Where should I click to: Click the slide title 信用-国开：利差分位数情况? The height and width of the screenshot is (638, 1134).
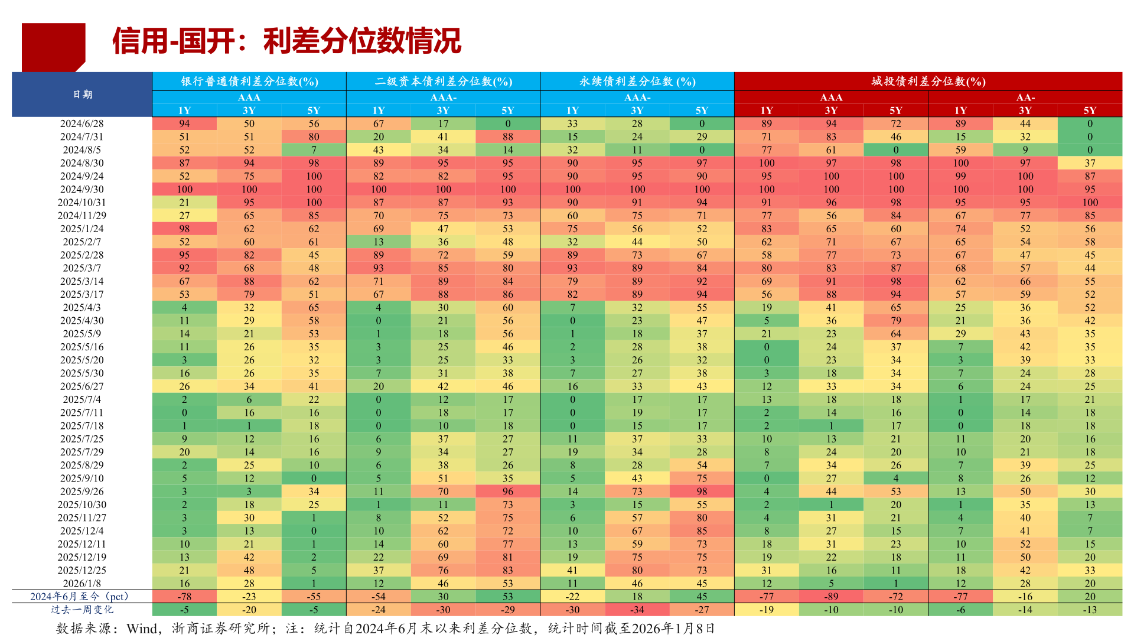pos(286,41)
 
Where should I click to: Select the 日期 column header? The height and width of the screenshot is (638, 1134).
pos(82,95)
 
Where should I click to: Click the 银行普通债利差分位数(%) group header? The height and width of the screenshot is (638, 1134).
pos(249,82)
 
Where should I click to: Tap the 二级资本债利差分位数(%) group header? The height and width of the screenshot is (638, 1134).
pos(443,82)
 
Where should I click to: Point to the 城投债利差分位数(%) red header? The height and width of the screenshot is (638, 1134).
pos(928,82)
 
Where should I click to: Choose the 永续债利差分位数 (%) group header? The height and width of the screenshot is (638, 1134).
pos(637,82)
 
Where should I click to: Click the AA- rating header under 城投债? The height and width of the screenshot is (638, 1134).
pos(1025,97)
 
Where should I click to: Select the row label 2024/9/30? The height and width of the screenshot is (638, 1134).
pos(82,189)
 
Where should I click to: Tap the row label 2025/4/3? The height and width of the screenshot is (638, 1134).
pos(82,308)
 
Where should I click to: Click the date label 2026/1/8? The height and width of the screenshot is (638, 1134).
pos(82,584)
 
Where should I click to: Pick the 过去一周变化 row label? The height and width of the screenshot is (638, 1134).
pos(82,610)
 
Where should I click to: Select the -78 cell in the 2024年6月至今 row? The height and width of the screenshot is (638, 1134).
pos(184,597)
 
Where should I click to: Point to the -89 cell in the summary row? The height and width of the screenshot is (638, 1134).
pos(831,597)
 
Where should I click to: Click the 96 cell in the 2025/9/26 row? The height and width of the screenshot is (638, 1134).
pos(507,491)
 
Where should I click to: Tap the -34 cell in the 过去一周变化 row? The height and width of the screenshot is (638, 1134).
pos(637,610)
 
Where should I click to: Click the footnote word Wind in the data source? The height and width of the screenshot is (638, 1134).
pos(142,629)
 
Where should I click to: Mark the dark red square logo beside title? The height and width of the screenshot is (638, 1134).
pos(53,46)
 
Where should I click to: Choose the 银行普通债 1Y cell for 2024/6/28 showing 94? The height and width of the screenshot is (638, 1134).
pos(184,123)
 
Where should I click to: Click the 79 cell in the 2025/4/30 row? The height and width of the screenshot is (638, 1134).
pos(895,321)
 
